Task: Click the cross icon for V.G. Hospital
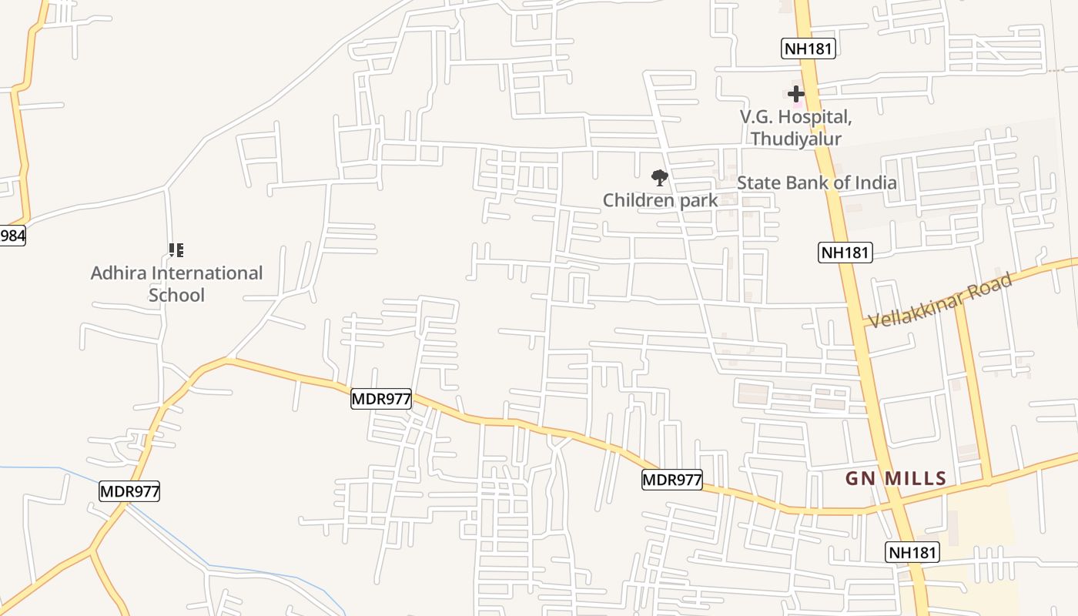(796, 94)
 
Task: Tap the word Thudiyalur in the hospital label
(796, 139)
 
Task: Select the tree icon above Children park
(659, 179)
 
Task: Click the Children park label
(660, 200)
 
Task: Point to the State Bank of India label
(816, 183)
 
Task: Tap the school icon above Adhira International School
(176, 250)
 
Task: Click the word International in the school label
(208, 273)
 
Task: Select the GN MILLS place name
(896, 478)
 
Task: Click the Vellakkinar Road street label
(939, 300)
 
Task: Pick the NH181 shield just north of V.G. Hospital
(808, 49)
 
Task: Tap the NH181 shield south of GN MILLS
(913, 552)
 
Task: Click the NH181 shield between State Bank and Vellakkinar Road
(845, 252)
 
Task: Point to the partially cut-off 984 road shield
(12, 236)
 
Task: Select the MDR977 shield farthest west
(129, 491)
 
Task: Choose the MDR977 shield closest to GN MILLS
(672, 480)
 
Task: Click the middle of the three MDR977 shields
(381, 399)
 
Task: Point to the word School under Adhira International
(176, 295)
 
